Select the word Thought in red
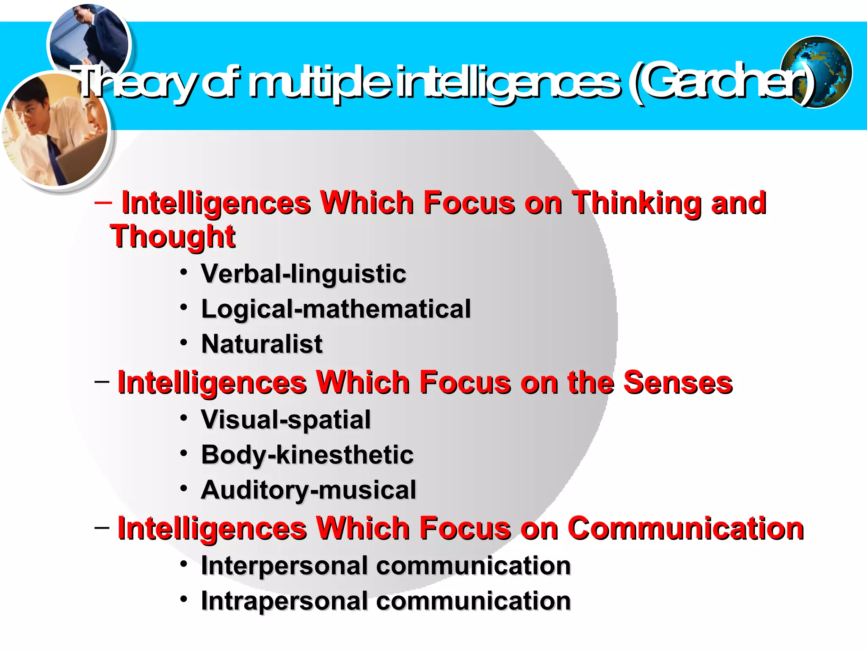click(173, 237)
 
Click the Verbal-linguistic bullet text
click(304, 274)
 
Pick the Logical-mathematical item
click(336, 309)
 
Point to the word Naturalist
click(262, 344)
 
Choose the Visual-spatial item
click(286, 420)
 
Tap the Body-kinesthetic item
click(307, 455)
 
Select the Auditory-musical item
click(309, 490)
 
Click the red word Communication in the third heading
click(685, 529)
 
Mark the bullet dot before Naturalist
click(183, 342)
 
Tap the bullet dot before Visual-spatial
click(183, 418)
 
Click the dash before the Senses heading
click(102, 382)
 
